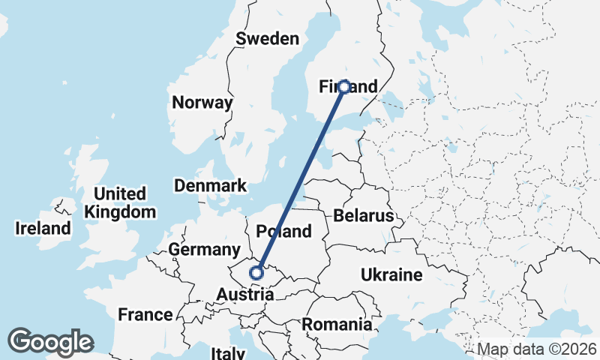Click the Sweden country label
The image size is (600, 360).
tap(267, 39)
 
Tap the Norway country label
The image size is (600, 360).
tap(202, 103)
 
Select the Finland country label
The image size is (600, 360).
tap(349, 88)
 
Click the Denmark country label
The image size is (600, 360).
tap(210, 185)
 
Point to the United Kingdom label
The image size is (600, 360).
tap(120, 202)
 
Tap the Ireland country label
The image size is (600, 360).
tap(43, 229)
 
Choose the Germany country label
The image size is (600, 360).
tap(204, 249)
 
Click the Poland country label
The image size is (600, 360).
tap(283, 231)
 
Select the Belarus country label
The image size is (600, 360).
tap(364, 216)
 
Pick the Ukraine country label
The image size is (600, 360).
tap(391, 274)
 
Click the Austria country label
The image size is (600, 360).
tap(245, 295)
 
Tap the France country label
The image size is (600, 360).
tap(145, 314)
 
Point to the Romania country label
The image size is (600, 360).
tap(337, 325)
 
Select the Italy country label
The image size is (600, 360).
tap(228, 352)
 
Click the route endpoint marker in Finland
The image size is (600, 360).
tap(344, 87)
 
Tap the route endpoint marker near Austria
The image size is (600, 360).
tap(256, 272)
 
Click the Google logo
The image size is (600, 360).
tap(50, 342)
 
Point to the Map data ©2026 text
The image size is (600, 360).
tap(538, 349)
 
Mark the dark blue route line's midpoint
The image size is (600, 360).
tap(300, 180)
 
